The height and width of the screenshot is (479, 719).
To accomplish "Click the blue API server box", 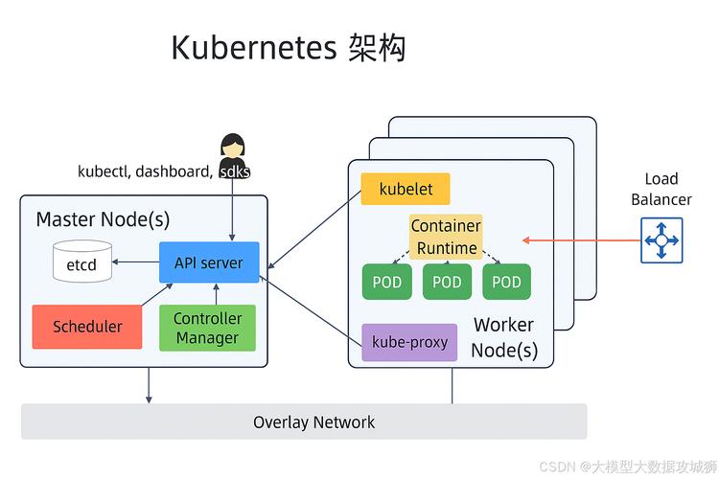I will pyautogui.click(x=209, y=262).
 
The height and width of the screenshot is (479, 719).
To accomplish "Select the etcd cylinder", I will pyautogui.click(x=81, y=262).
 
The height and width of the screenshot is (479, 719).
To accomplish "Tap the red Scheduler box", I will pyautogui.click(x=87, y=327).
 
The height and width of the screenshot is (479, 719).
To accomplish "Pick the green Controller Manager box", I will pyautogui.click(x=207, y=328).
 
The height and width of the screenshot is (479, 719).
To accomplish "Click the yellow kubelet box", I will pyautogui.click(x=406, y=189).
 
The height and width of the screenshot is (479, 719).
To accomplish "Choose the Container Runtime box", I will pyautogui.click(x=446, y=237).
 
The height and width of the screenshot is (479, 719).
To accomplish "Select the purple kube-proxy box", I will pyautogui.click(x=409, y=342).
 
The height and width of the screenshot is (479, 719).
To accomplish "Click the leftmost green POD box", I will pyautogui.click(x=387, y=282).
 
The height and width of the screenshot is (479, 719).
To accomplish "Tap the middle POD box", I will pyautogui.click(x=447, y=282).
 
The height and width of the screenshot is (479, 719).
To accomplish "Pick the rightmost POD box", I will pyautogui.click(x=506, y=282).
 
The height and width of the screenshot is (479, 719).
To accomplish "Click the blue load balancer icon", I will pyautogui.click(x=661, y=239).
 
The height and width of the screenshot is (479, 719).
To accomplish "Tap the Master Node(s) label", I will pyautogui.click(x=103, y=219).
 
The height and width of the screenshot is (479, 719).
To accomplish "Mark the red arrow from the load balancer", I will pyautogui.click(x=580, y=239).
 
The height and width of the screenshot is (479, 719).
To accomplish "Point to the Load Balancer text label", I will pyautogui.click(x=661, y=189).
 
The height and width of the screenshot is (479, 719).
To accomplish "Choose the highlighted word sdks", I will pyautogui.click(x=235, y=171).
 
